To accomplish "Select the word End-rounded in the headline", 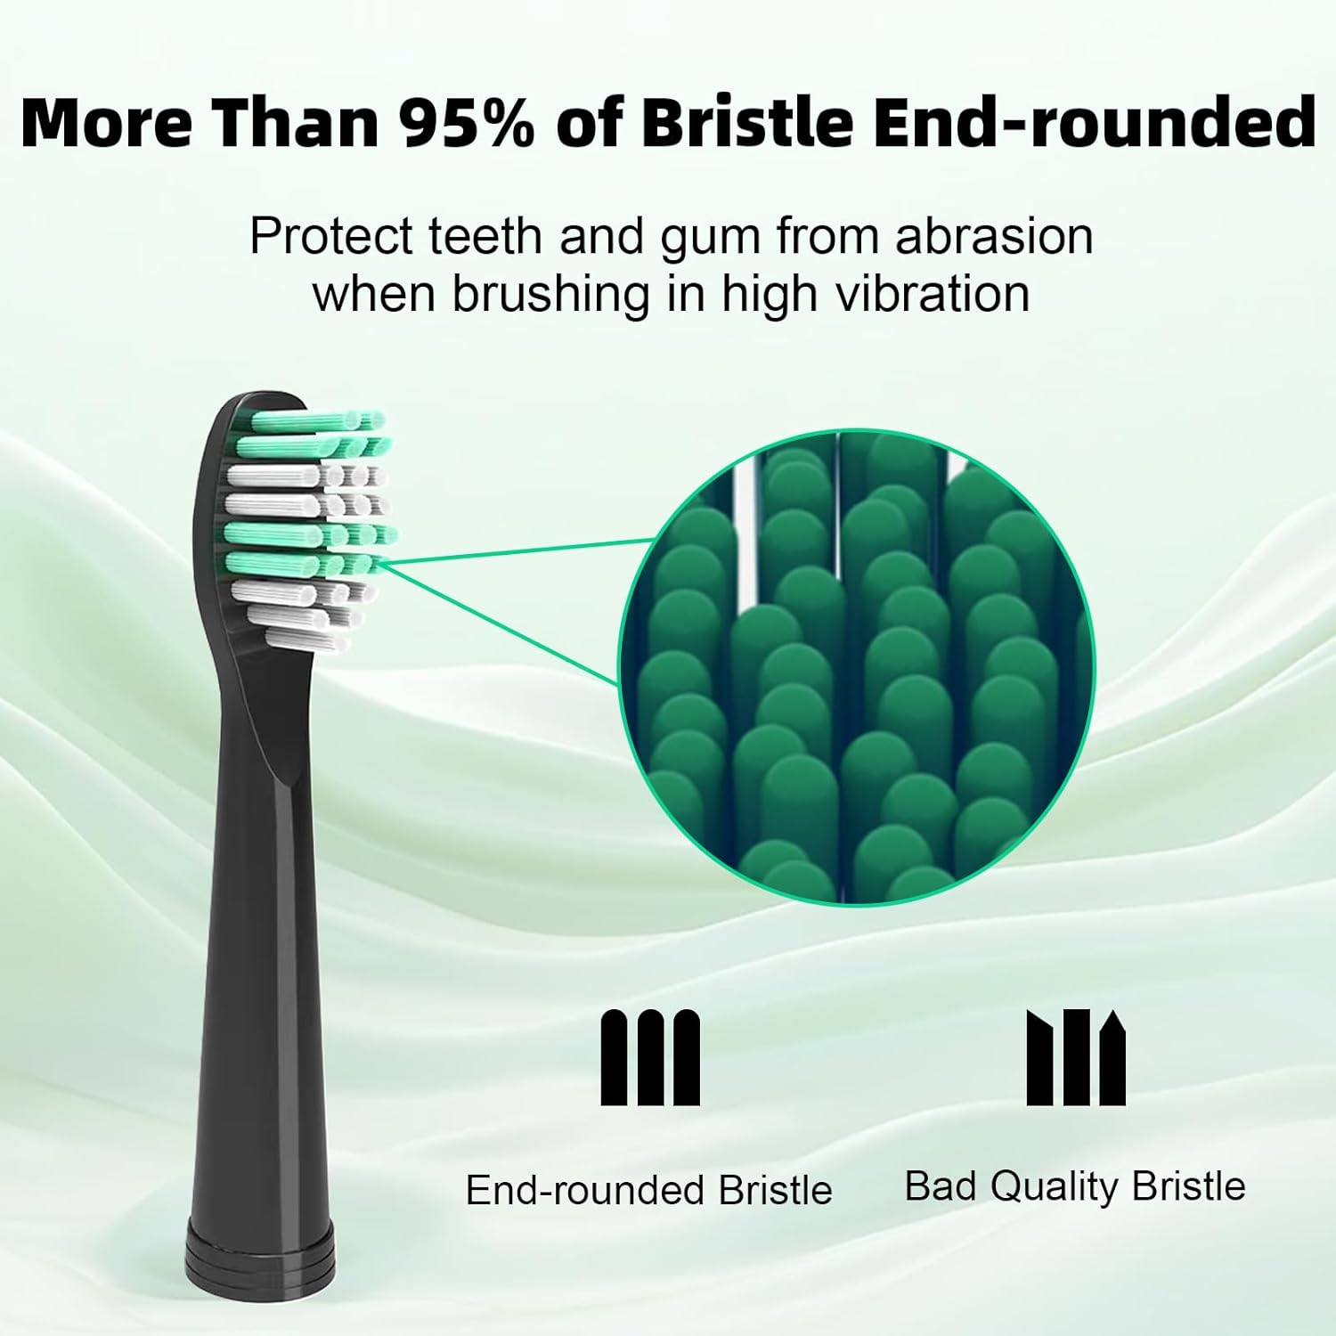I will coord(1093,122).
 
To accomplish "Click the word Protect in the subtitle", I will coord(331,237).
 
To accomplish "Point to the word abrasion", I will coord(994,237).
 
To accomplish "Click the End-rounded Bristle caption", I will coord(648,1190).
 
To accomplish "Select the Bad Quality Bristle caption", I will coord(1074,1186).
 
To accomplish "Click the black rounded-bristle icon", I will coord(650,1058).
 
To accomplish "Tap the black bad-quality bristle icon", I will coord(1076,1058).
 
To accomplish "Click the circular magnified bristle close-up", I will coord(855,668).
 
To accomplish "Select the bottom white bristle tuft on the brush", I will coord(303,638).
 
